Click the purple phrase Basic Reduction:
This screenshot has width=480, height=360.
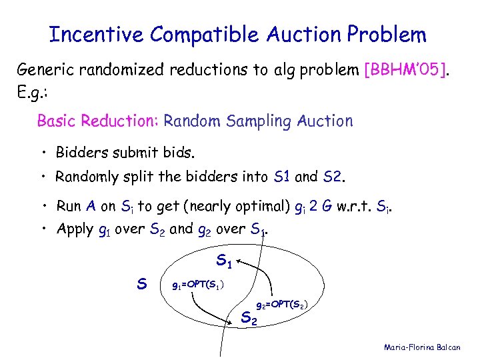click(97, 121)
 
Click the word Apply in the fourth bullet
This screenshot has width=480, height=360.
click(75, 230)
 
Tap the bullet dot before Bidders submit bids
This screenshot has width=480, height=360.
click(42, 154)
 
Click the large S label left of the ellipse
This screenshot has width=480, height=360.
click(141, 284)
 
